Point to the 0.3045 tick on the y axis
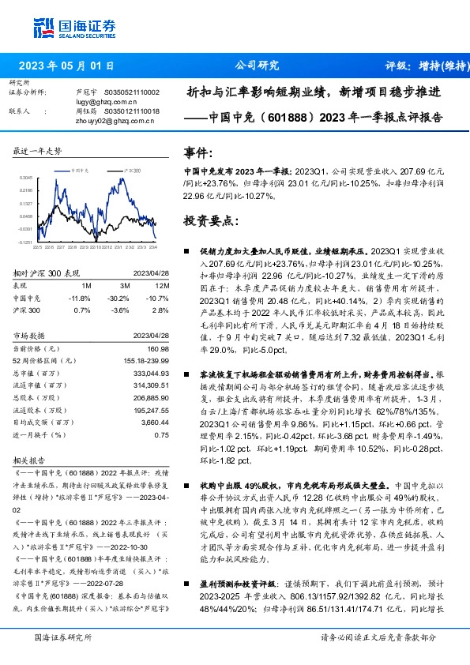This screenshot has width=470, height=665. pyautogui.click(x=26, y=178)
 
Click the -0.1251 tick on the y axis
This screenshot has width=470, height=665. pyautogui.click(x=26, y=242)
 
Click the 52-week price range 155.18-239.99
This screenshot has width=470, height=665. pyautogui.click(x=146, y=360)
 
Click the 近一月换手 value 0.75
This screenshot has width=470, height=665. pyautogui.click(x=162, y=434)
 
